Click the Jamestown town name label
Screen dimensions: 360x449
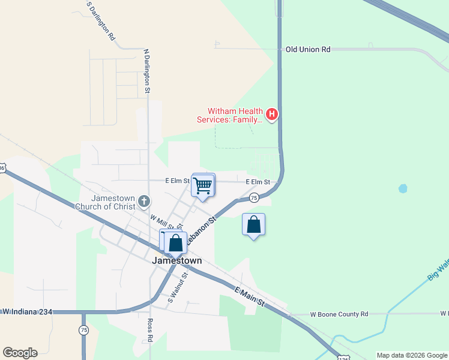pyautogui.click(x=176, y=261)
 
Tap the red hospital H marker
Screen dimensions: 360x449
pyautogui.click(x=272, y=113)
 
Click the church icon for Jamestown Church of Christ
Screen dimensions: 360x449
pyautogui.click(x=143, y=201)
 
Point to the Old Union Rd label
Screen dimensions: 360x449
pyautogui.click(x=308, y=50)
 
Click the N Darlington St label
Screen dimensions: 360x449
pyautogui.click(x=146, y=71)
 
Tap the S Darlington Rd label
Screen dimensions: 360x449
pyautogui.click(x=101, y=20)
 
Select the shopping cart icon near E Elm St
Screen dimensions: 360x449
pyautogui.click(x=203, y=185)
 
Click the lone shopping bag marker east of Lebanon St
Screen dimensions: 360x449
pyautogui.click(x=254, y=225)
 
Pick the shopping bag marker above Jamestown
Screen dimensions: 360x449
pyautogui.click(x=175, y=243)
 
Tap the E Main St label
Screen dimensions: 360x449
pyautogui.click(x=249, y=296)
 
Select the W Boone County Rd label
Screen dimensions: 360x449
pyautogui.click(x=339, y=314)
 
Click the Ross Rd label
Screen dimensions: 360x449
pyautogui.click(x=149, y=329)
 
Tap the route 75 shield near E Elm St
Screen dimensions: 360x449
pyautogui.click(x=254, y=197)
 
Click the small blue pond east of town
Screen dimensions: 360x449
pyautogui.click(x=402, y=188)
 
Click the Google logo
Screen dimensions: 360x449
pyautogui.click(x=20, y=353)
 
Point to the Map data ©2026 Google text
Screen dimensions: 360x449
pyautogui.click(x=412, y=355)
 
